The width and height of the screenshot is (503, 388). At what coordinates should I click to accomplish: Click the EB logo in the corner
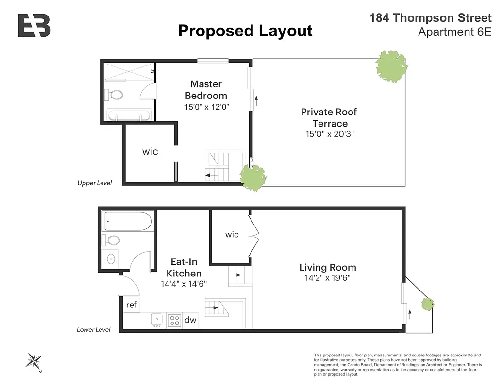(34, 26)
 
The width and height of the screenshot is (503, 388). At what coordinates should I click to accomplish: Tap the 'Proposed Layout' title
(245, 31)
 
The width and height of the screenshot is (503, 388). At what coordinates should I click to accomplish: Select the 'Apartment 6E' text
(454, 32)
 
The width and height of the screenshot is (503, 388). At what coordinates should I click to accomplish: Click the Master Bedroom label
(206, 90)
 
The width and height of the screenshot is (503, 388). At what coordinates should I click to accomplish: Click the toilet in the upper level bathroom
(116, 95)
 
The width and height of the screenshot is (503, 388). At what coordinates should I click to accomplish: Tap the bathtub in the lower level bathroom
(128, 221)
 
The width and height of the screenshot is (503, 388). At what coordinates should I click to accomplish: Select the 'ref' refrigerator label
(132, 305)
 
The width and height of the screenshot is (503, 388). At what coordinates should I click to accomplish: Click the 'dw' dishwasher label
(190, 320)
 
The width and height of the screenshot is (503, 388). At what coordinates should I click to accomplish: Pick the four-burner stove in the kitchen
(174, 320)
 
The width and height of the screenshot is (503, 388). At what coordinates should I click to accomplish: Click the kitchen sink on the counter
(157, 320)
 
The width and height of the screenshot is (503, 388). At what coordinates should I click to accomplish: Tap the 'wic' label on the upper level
(150, 152)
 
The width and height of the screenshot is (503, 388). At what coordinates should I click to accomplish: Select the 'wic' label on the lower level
(232, 235)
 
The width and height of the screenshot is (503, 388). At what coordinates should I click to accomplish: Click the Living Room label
(327, 267)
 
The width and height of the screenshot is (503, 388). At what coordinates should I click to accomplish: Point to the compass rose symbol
(34, 361)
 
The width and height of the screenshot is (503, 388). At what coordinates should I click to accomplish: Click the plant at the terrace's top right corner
(391, 66)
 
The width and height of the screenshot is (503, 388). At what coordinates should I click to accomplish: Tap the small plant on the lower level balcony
(428, 305)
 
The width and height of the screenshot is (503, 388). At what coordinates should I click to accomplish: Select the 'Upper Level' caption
(95, 183)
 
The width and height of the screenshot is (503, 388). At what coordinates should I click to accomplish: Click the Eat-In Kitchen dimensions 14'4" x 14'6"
(184, 284)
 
